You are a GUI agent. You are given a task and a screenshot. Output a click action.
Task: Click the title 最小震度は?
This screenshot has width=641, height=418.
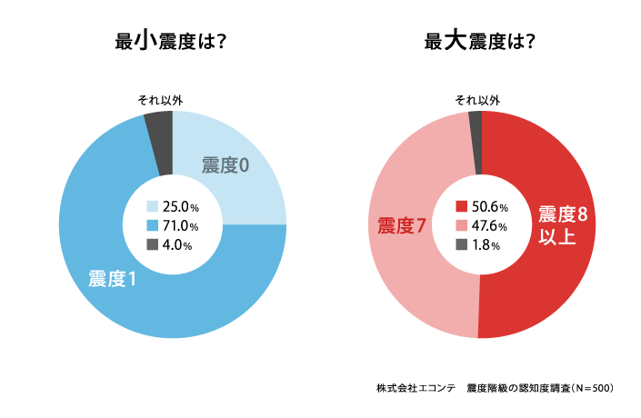(x=171, y=41)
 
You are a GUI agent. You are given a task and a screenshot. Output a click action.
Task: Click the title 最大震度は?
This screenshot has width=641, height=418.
(x=479, y=41)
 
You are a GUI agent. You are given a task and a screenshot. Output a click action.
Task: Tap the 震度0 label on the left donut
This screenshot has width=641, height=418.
(x=225, y=165)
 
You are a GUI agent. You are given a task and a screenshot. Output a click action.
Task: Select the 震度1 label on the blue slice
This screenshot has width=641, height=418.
(x=112, y=279)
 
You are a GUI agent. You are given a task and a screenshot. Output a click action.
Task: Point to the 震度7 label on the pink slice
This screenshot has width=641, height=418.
(x=402, y=225)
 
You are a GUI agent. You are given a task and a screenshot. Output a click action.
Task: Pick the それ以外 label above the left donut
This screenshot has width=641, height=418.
(x=159, y=100)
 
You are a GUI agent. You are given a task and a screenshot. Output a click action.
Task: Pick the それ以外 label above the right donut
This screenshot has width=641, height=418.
(x=476, y=100)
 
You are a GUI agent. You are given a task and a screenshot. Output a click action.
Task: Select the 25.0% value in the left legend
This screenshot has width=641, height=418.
(x=180, y=207)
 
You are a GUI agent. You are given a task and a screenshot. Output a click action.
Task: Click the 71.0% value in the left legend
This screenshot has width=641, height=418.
(x=180, y=225)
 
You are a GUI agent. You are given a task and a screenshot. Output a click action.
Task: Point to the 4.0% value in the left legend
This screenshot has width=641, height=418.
(x=176, y=244)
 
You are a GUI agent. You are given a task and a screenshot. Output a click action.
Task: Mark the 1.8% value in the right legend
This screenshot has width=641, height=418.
(x=486, y=244)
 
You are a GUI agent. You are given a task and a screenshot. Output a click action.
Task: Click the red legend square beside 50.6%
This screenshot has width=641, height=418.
(x=461, y=207)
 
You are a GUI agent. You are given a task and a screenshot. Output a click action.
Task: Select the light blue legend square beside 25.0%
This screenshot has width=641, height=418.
(x=152, y=207)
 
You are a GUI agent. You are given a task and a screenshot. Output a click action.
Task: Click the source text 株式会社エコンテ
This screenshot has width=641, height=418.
(x=410, y=388)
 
